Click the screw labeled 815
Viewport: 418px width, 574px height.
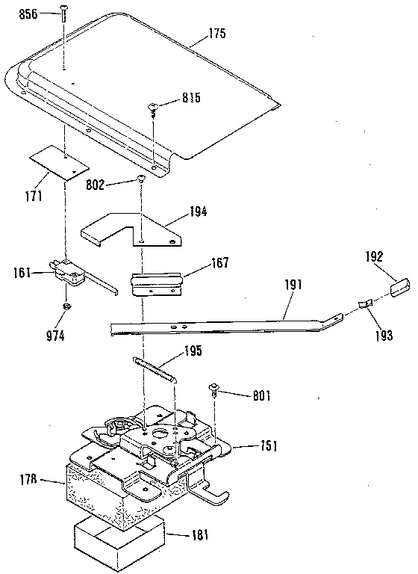155,108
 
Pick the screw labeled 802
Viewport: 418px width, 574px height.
140,179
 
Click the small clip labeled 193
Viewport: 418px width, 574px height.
364,305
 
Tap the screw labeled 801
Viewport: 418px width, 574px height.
214,388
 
